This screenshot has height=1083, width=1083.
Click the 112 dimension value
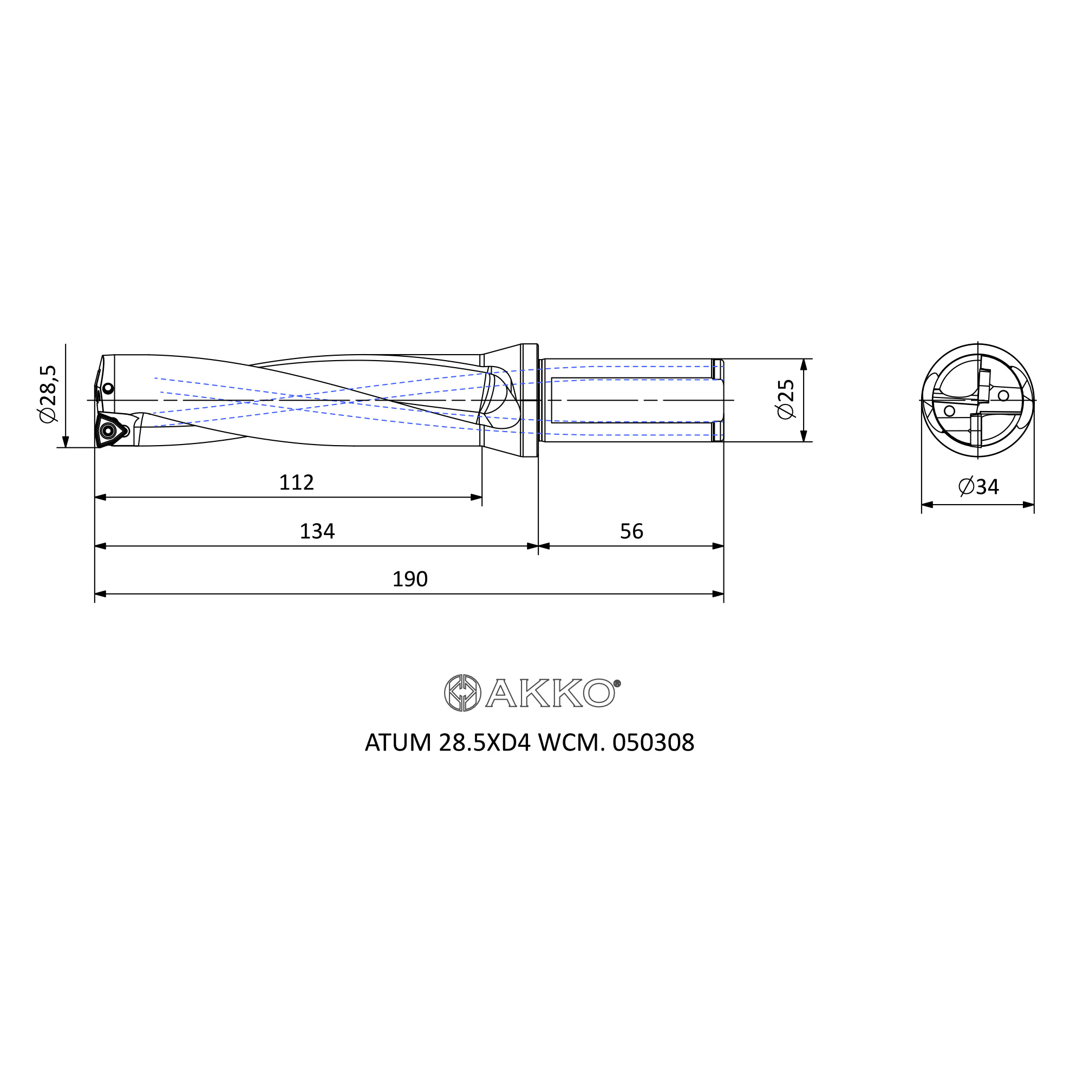pyautogui.click(x=297, y=482)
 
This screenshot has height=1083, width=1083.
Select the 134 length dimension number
pyautogui.click(x=317, y=531)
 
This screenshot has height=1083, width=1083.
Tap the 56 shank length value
pyautogui.click(x=632, y=531)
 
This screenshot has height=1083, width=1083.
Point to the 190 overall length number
pyautogui.click(x=410, y=579)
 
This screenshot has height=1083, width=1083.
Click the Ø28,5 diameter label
pyautogui.click(x=48, y=394)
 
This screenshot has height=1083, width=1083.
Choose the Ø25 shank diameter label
pyautogui.click(x=786, y=399)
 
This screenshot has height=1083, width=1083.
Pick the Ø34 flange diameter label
pyautogui.click(x=978, y=487)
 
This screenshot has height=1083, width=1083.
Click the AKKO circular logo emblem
pyautogui.click(x=462, y=694)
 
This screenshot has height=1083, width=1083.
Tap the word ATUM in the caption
pyautogui.click(x=398, y=743)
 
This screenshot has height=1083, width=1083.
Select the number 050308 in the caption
pyautogui.click(x=654, y=743)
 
